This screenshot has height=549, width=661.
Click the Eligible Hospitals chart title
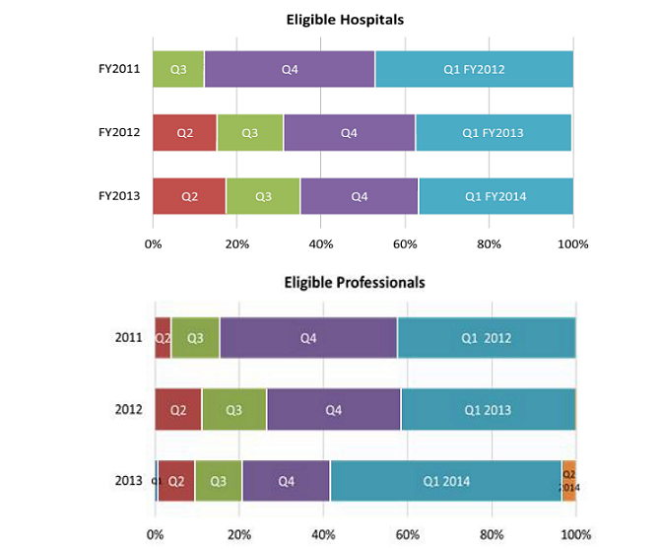click(345, 19)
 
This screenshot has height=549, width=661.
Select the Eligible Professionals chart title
click(355, 282)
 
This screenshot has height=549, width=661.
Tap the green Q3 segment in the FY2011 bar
click(178, 69)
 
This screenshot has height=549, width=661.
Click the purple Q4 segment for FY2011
click(290, 69)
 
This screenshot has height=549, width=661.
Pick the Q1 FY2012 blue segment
click(474, 69)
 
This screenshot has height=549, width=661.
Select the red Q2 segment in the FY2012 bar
click(184, 132)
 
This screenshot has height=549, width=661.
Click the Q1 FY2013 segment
click(493, 132)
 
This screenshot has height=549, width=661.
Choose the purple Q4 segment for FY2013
click(360, 196)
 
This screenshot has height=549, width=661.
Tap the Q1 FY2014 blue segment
click(496, 196)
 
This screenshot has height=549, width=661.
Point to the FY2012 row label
click(119, 132)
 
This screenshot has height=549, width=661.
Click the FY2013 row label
click(119, 196)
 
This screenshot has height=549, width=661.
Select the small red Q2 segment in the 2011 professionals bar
click(163, 338)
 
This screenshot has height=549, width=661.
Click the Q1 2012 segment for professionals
click(487, 338)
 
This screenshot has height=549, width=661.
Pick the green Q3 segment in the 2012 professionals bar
click(234, 410)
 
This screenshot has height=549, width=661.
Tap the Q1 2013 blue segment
click(488, 410)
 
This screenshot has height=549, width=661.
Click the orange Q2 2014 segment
click(568, 481)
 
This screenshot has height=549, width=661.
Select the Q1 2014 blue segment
click(446, 481)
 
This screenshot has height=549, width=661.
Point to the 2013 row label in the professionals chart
click(128, 481)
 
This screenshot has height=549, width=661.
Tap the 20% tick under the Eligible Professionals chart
click(239, 535)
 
